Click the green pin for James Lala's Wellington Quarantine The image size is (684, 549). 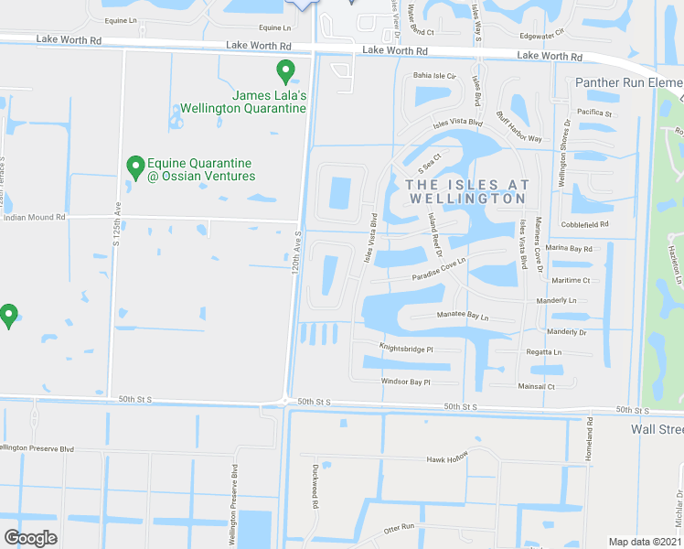(285, 70)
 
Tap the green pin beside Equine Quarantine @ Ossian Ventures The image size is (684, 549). (135, 167)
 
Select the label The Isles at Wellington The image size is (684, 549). (466, 190)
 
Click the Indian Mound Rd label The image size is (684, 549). (35, 218)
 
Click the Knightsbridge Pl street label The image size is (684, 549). (406, 348)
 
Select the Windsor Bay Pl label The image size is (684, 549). (405, 382)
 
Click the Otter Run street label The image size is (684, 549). (400, 527)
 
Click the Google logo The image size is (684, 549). (30, 538)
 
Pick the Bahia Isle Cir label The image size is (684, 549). (433, 76)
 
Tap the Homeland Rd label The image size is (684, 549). (591, 438)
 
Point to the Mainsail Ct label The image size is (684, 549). (538, 387)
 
